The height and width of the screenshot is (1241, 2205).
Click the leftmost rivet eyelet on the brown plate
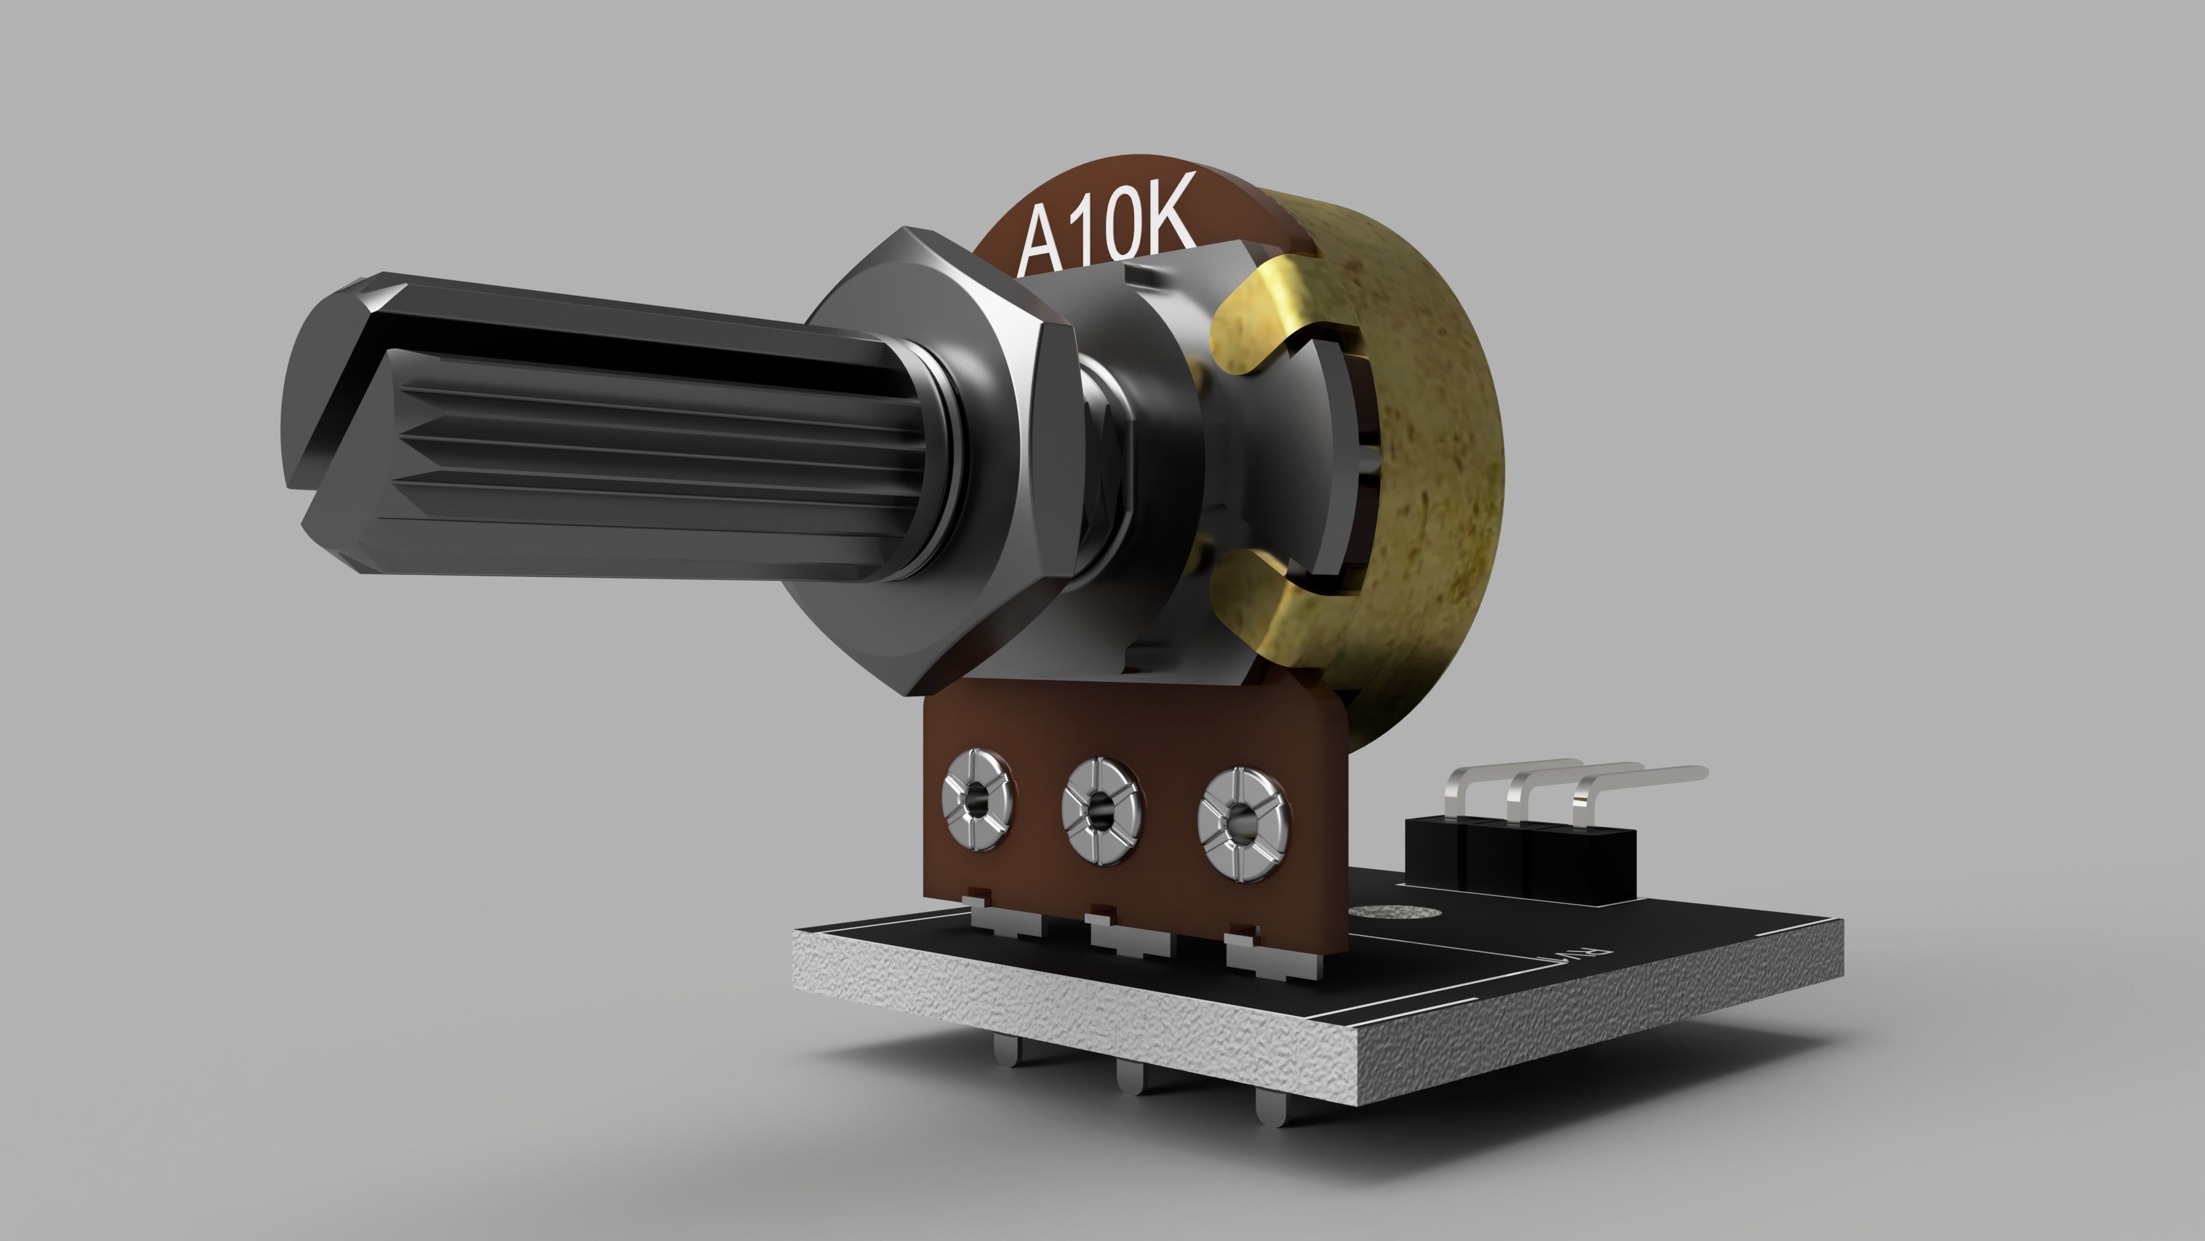click(977, 801)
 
